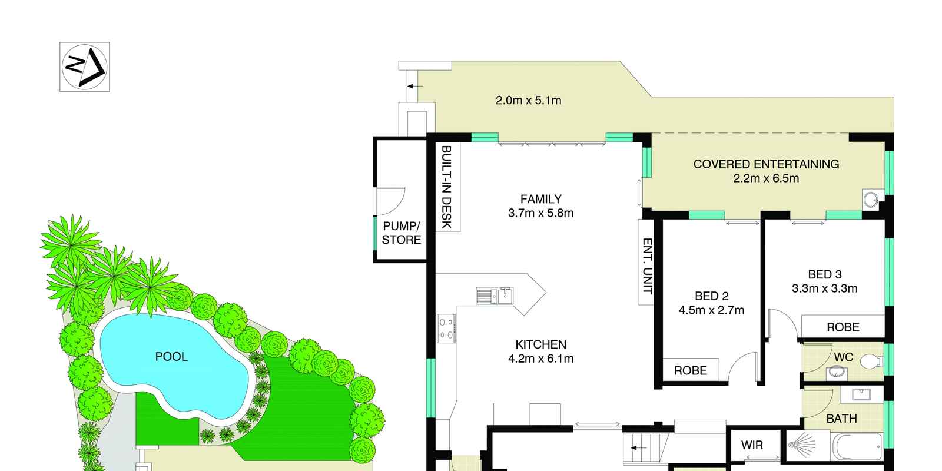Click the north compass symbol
[x=85, y=67]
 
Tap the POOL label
[x=171, y=357]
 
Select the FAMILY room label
[x=541, y=199]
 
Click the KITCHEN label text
[x=541, y=344]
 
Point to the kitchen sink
[x=495, y=296]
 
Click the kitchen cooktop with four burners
[x=446, y=329]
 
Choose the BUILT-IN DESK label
[x=447, y=187]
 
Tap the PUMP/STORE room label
[x=401, y=233]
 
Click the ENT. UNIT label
[x=647, y=266]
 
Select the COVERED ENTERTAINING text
[x=766, y=164]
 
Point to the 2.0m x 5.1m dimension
[x=528, y=101]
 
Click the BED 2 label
[x=712, y=296]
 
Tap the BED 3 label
[x=825, y=274]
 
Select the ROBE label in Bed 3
[x=843, y=327]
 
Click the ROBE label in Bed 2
[x=690, y=370]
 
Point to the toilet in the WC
[x=871, y=361]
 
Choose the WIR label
[x=752, y=445]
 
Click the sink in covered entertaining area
[x=871, y=200]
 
